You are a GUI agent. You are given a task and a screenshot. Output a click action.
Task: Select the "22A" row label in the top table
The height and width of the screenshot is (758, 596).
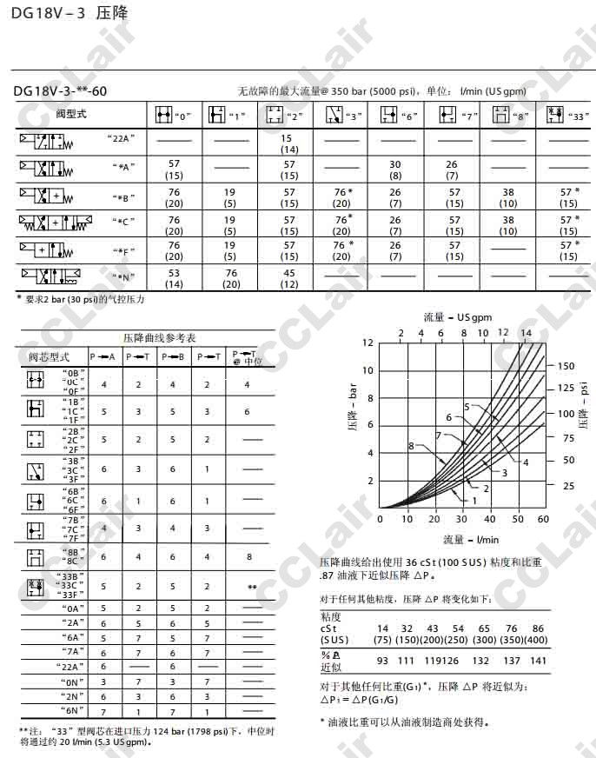point(122,138)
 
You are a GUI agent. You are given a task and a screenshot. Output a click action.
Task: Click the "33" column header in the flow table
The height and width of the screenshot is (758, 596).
point(566,114)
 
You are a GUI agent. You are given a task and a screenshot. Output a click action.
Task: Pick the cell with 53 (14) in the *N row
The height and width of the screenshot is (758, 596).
point(174,278)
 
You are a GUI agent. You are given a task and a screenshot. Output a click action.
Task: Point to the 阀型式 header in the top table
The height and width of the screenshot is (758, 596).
point(71,114)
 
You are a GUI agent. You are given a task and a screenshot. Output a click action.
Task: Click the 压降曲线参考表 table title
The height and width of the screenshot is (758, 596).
point(157,337)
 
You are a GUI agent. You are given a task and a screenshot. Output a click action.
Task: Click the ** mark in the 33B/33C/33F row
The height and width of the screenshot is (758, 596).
point(251,588)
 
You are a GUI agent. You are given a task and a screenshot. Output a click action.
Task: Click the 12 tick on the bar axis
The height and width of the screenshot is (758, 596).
point(368,342)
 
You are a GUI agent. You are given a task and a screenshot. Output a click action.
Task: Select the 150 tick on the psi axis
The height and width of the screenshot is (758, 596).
point(566,365)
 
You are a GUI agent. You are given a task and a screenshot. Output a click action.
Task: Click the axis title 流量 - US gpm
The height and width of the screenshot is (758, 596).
point(458,316)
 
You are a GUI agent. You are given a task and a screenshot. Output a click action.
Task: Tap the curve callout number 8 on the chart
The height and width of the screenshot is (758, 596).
point(410,446)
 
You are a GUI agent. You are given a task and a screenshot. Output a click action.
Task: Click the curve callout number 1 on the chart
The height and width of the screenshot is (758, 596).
point(475,501)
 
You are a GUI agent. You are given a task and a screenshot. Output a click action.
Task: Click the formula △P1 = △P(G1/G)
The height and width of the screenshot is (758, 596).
point(365,700)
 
